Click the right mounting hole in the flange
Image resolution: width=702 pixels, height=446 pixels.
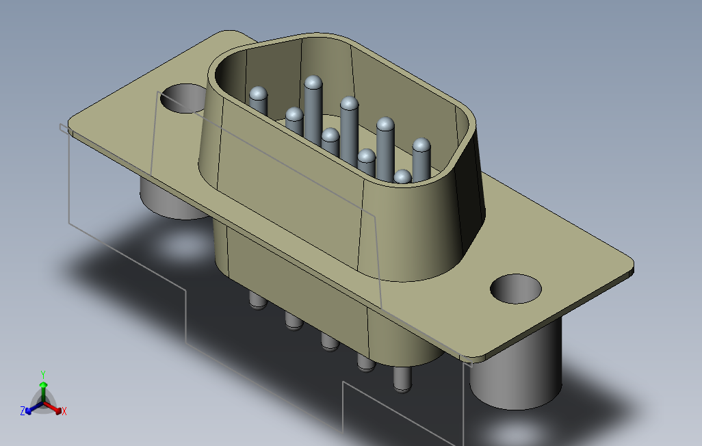[x=516, y=289]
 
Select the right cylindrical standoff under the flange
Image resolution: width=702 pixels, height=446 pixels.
[x=516, y=380]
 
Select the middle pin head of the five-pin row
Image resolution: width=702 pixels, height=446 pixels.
[x=350, y=104]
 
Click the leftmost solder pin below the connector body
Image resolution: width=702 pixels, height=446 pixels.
[x=257, y=301]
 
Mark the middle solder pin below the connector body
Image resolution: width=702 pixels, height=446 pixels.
[x=329, y=341]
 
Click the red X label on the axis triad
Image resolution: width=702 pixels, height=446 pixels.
[x=64, y=411]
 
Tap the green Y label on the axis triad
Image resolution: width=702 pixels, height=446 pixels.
[x=42, y=374]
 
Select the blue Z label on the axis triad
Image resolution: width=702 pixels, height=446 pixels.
[x=23, y=411]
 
